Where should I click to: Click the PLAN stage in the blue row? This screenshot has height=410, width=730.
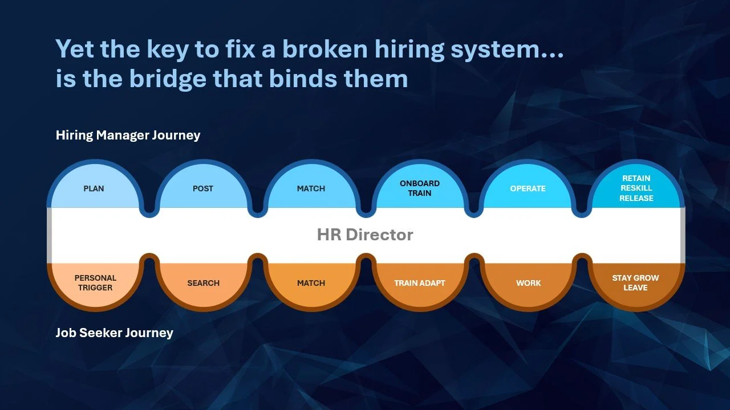click(94, 188)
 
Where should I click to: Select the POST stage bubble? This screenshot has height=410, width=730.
click(203, 188)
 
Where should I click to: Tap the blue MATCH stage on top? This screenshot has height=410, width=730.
click(311, 188)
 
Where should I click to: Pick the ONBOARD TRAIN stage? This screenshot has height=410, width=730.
click(420, 188)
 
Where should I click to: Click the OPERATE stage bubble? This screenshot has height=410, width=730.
click(528, 188)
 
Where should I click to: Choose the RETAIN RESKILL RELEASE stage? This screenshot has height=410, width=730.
click(636, 188)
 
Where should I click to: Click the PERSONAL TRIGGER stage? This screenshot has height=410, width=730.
click(95, 283)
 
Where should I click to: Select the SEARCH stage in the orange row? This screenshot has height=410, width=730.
click(204, 283)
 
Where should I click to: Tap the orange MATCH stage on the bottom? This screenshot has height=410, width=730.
click(311, 283)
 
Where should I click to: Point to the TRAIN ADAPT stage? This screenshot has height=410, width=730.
click(420, 283)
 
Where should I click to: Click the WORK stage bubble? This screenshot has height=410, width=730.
click(528, 283)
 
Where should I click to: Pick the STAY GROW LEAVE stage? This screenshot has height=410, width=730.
click(635, 283)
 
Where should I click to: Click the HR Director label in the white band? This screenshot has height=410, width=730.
click(365, 235)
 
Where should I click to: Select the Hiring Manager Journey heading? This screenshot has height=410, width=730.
click(128, 136)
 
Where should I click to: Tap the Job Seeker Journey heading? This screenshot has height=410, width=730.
click(114, 333)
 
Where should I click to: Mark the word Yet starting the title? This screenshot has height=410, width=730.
click(75, 50)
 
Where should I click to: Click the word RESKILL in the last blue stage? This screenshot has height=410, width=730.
click(636, 188)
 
